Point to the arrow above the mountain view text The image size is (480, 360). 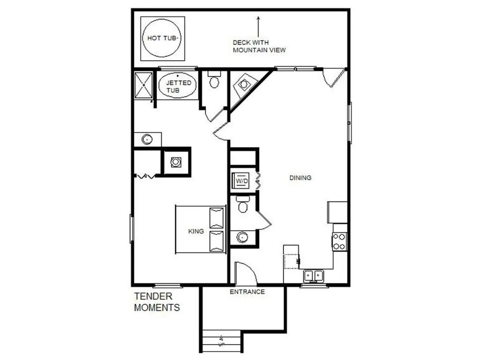tap(258, 26)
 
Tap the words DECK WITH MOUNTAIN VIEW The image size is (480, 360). tap(259, 46)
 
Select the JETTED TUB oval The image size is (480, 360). tap(178, 86)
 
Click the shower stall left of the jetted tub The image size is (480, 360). tap(143, 85)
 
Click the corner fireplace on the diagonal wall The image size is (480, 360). tap(244, 85)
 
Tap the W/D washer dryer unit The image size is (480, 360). tap(241, 180)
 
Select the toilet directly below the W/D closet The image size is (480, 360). tap(242, 205)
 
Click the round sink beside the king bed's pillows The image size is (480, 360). tap(242, 236)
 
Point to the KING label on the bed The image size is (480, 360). tap(196, 231)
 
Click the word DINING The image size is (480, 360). tap(300, 178)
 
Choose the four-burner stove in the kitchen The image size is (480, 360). tap(340, 241)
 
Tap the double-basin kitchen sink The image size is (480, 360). tap(313, 275)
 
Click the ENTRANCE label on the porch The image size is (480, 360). tap(247, 292)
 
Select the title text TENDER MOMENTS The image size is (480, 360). tap(157, 302)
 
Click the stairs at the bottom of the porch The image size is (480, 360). tap(221, 341)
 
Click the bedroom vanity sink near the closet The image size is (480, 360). tap(147, 139)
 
